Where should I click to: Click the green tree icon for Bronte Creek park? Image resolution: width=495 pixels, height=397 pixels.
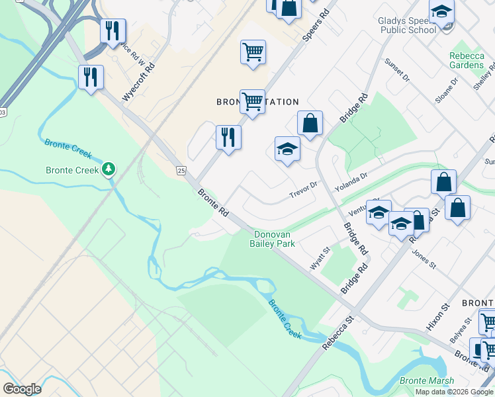tap(109, 170)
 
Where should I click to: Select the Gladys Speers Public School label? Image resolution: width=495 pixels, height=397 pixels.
tap(408, 25)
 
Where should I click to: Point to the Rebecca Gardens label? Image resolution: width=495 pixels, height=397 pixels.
tap(467, 60)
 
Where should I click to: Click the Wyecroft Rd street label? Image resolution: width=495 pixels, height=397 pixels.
tap(139, 83)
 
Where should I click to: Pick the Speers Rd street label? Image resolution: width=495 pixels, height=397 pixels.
tap(316, 26)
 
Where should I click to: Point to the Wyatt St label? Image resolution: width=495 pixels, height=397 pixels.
tap(321, 259)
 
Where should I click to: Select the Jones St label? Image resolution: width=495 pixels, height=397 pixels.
tap(424, 258)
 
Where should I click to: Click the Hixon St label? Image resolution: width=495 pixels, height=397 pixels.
tap(438, 318)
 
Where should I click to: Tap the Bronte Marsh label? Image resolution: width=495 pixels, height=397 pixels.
tap(427, 380)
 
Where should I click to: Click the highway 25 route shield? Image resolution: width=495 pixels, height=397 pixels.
tap(181, 171)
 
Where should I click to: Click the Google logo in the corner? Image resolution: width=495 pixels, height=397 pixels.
tap(22, 388)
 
